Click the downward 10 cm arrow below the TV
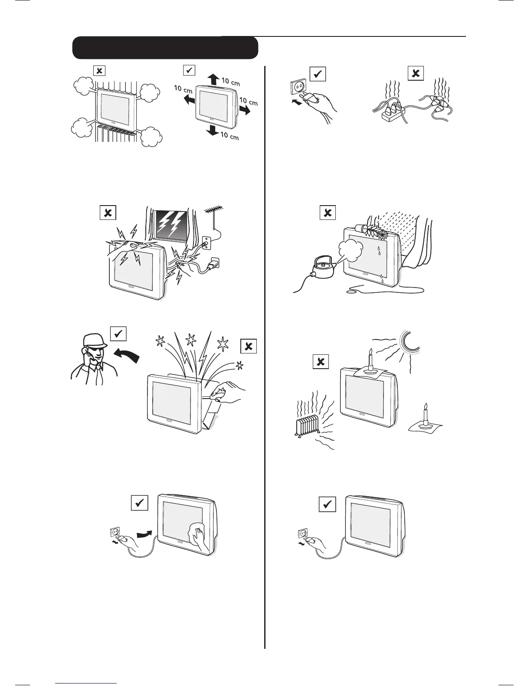213,130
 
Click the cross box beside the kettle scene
328,213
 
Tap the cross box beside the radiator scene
321,361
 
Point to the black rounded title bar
165,48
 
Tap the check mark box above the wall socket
318,74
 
